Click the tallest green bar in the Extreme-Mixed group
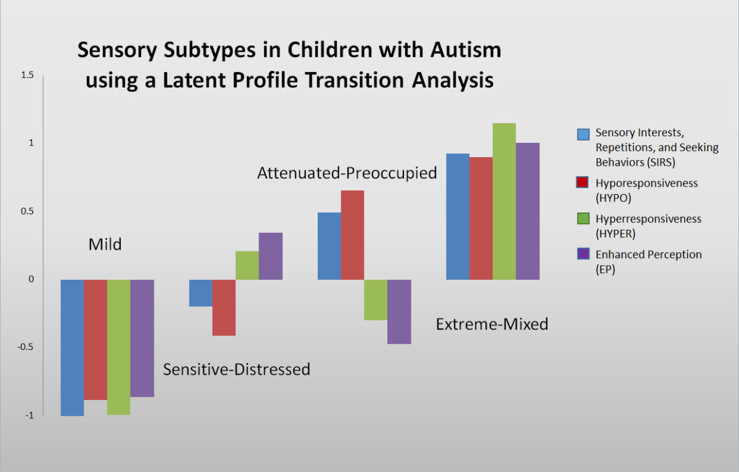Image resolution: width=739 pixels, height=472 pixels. (x=504, y=201)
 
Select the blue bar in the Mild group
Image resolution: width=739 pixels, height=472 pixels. (x=72, y=348)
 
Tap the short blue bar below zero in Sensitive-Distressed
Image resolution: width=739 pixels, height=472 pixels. (x=201, y=293)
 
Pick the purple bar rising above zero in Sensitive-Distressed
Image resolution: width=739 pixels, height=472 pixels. (x=270, y=256)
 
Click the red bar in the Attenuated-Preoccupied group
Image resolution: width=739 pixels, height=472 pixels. (x=352, y=235)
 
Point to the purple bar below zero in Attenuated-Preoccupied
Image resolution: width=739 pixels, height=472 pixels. (x=399, y=312)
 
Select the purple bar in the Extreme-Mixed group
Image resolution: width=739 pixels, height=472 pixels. (x=528, y=211)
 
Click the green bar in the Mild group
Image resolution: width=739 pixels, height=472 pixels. (x=119, y=347)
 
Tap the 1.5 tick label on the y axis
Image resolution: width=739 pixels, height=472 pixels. (x=27, y=75)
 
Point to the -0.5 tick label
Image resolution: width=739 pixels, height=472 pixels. (x=25, y=347)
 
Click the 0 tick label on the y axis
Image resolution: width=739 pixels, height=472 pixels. (x=31, y=279)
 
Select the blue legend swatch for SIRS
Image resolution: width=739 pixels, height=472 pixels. (x=583, y=134)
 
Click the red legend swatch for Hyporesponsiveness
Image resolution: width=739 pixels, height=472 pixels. (x=583, y=182)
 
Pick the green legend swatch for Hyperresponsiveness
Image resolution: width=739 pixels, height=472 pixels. (x=583, y=219)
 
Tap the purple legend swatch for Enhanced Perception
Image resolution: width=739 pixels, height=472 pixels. (x=583, y=254)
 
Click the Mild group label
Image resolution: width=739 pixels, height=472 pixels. (x=105, y=245)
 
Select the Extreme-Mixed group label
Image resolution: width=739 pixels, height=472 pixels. (x=492, y=324)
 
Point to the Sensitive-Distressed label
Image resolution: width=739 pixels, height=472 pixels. (x=236, y=369)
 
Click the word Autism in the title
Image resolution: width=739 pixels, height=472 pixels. (x=466, y=50)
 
